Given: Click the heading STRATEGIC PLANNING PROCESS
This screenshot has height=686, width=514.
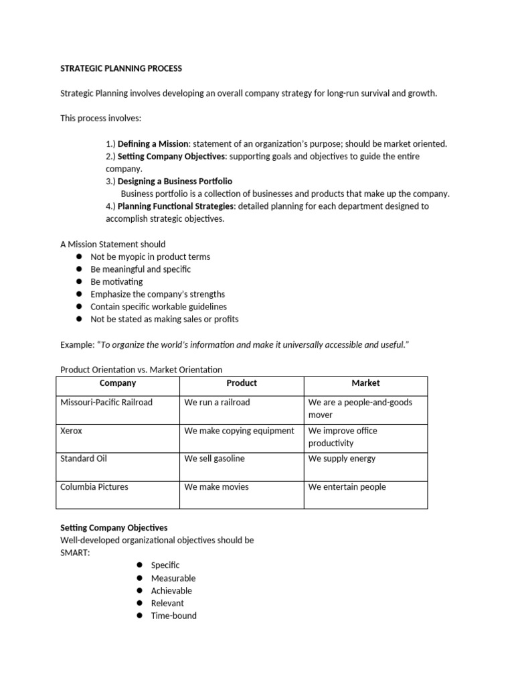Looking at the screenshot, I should tap(121, 68).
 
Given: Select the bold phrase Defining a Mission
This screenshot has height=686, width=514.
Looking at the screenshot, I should tap(153, 143).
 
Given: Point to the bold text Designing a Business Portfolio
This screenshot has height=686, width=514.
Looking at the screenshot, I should tap(175, 182).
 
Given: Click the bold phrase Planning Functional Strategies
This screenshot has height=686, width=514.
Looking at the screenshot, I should tap(175, 206).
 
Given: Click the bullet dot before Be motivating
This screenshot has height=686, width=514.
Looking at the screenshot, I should tap(78, 282).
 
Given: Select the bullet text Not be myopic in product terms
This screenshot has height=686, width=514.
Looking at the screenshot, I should tap(150, 257).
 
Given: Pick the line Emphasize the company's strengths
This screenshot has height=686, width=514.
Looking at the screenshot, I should tap(157, 294).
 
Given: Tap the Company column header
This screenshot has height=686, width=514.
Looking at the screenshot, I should tap(117, 383).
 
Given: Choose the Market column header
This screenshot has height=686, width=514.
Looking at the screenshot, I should tap(365, 383).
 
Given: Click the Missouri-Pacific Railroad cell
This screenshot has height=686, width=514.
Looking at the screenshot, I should tap(106, 403).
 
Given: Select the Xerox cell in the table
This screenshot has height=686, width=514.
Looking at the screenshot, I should tap(72, 431).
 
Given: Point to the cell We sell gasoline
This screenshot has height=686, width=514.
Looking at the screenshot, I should tap(214, 459).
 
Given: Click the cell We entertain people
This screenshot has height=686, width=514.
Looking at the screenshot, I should tap(347, 487).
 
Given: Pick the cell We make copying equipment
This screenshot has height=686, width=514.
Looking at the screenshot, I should tap(239, 431).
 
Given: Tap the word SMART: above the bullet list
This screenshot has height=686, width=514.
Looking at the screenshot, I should tap(75, 553).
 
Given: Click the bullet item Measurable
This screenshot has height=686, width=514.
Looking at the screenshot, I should tap(173, 578).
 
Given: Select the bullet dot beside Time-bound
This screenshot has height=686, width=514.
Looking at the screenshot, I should tap(139, 616).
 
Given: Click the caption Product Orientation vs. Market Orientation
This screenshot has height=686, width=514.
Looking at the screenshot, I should tap(141, 370).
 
